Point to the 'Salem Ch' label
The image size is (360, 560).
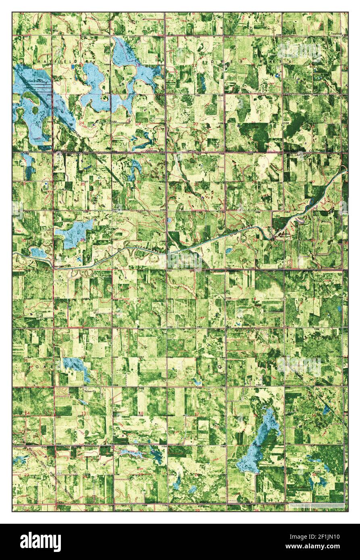coord(91,391)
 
